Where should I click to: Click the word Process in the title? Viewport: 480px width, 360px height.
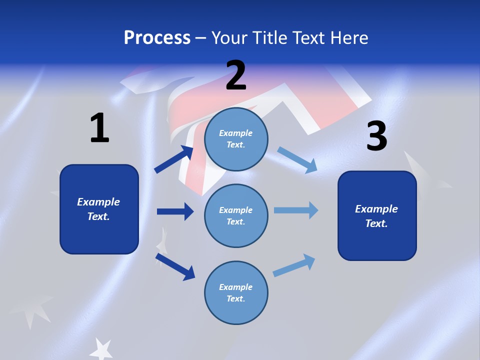tap(157, 38)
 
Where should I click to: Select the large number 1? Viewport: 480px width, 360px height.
tap(99, 128)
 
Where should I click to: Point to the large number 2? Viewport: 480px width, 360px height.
tap(236, 75)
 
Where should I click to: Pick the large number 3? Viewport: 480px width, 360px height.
tap(376, 136)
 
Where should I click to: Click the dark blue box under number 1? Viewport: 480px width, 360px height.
tap(99, 209)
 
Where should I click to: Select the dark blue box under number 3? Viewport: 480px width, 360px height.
tap(377, 215)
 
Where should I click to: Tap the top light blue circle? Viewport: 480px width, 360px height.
tap(236, 138)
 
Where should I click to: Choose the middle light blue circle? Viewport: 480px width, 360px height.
tap(236, 215)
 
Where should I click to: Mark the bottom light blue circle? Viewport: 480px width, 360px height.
tap(236, 292)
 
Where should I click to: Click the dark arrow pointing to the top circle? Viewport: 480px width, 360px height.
tap(174, 159)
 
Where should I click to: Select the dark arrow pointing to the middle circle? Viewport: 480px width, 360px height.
tap(175, 211)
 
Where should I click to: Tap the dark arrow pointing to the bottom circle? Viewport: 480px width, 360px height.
tap(175, 266)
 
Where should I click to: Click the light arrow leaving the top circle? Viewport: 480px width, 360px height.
tap(297, 160)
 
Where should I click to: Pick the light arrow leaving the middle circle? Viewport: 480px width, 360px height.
tap(296, 210)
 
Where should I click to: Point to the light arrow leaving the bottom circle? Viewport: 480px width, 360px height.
tap(294, 265)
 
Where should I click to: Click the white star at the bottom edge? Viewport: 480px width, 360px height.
tap(102, 348)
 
